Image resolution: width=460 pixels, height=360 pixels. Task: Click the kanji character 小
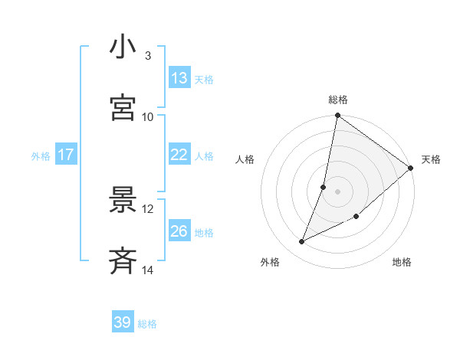123,47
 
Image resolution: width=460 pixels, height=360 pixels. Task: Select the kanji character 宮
123,108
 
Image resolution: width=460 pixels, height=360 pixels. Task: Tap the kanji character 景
123,200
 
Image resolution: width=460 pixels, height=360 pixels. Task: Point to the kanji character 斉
123,260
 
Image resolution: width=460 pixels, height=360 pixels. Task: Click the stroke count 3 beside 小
148,56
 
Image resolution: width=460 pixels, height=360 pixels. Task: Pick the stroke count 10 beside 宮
148,116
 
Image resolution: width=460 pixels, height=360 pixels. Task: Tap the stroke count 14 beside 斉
148,270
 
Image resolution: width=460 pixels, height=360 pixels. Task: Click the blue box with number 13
179,78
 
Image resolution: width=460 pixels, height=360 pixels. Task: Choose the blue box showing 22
179,155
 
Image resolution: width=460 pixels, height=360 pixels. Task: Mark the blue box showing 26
179,231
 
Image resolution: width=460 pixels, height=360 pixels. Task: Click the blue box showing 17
66,155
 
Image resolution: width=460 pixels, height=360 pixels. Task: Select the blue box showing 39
123,322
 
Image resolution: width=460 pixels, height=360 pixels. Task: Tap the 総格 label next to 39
147,324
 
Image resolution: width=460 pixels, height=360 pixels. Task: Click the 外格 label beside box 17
41,156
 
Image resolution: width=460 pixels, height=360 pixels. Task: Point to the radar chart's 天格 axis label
431,159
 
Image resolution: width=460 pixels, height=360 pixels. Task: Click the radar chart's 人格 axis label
245,159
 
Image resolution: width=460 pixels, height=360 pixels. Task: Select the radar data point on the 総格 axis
337,116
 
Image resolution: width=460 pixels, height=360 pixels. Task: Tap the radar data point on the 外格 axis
302,242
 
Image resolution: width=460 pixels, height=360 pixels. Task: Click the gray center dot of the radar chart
337,191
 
